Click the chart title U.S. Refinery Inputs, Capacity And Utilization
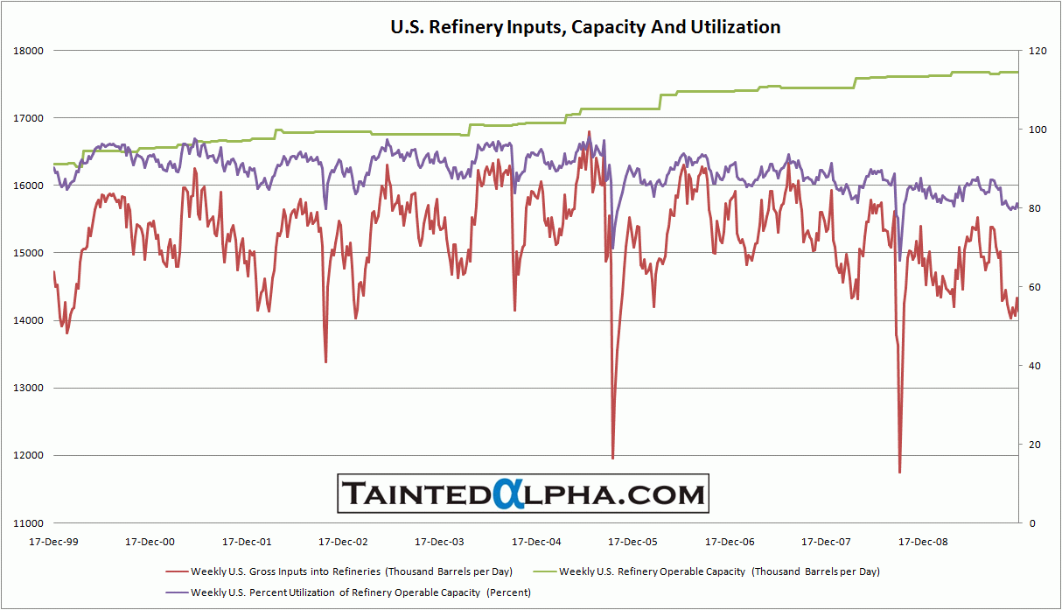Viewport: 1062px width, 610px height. (x=584, y=27)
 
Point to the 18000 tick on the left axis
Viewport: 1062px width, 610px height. (x=29, y=51)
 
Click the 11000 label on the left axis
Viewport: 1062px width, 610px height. (x=29, y=523)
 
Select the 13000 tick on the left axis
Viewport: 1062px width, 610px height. (x=29, y=389)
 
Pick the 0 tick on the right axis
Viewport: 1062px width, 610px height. (x=1031, y=523)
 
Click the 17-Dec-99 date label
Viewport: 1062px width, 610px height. (x=53, y=541)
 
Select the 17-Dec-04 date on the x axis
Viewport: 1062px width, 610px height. (x=535, y=541)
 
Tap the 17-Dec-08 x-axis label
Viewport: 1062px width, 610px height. (x=921, y=541)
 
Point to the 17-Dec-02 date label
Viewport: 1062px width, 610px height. (x=343, y=541)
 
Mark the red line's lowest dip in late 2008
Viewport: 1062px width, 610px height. (x=899, y=473)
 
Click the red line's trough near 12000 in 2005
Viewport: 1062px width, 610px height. (x=612, y=458)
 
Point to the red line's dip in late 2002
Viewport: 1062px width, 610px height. (x=325, y=361)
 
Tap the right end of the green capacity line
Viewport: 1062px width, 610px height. (x=1017, y=72)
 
